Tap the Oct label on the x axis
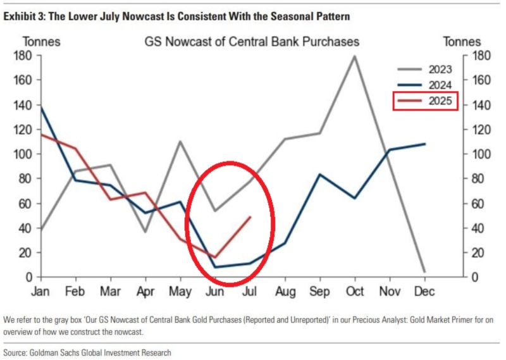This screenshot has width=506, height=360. [x=354, y=292]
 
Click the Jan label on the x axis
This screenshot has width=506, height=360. [x=41, y=292]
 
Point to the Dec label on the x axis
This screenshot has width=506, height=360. [x=424, y=292]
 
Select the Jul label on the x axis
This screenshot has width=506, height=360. [x=250, y=292]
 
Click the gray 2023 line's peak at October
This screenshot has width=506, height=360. [x=354, y=56]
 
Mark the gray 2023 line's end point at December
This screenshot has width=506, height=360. [x=424, y=272]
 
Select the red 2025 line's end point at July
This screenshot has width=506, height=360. [x=250, y=217]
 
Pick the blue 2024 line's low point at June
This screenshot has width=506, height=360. [x=216, y=267]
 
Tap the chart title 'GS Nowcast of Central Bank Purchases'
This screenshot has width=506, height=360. [x=252, y=42]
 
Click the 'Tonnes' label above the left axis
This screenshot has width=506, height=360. [x=42, y=42]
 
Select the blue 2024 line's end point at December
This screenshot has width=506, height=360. [x=424, y=144]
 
